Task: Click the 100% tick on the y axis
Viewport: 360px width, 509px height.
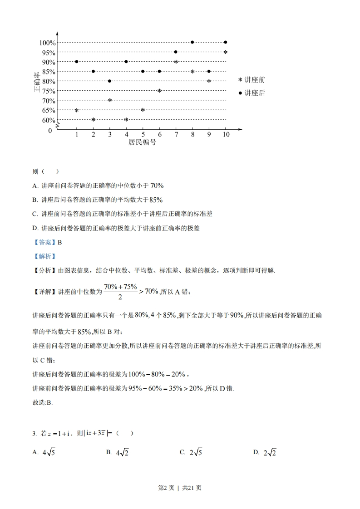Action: (x=47, y=43)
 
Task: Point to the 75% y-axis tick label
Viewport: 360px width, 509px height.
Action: (x=49, y=91)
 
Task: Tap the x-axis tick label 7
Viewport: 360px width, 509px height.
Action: (x=176, y=135)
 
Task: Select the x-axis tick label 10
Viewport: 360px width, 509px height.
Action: (x=226, y=135)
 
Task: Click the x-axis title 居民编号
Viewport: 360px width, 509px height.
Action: (x=142, y=142)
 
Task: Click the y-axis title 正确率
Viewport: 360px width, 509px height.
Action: (x=37, y=82)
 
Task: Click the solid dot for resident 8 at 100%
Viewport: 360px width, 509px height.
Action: (x=192, y=42)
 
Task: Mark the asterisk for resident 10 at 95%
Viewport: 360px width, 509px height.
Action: (x=225, y=52)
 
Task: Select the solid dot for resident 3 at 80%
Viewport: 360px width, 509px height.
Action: (x=110, y=81)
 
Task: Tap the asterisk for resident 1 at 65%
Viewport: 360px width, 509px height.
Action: (x=77, y=110)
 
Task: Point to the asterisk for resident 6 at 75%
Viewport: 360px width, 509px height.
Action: (x=159, y=91)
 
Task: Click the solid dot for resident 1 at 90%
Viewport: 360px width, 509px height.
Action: (x=77, y=62)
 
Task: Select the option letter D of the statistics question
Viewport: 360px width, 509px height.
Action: (x=35, y=229)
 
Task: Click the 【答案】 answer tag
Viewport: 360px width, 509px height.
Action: (x=44, y=242)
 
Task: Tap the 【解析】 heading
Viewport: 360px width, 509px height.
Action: (x=44, y=256)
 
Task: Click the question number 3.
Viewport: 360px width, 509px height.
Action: (x=35, y=434)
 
